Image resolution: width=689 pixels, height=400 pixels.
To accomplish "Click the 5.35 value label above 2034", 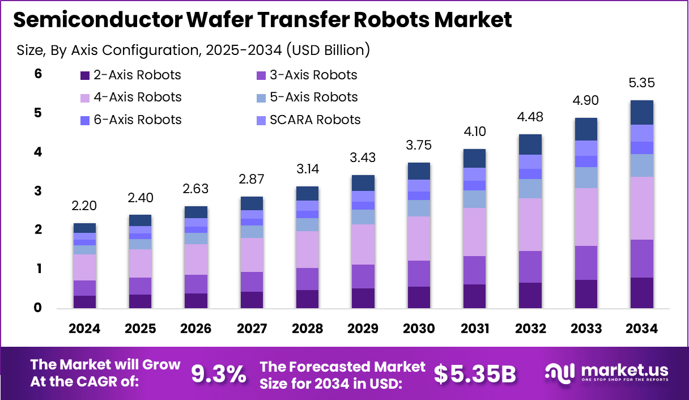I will click(641, 83).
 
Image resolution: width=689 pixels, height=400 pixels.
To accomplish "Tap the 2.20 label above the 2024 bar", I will click(84, 206).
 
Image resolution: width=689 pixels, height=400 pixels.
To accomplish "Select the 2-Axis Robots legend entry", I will click(130, 75).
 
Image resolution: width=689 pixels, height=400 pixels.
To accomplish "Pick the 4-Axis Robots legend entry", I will click(130, 97).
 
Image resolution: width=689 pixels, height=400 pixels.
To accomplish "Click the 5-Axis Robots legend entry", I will click(307, 97).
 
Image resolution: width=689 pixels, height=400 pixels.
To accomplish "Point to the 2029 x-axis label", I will click(363, 329).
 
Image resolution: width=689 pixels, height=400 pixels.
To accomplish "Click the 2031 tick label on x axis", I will click(474, 329).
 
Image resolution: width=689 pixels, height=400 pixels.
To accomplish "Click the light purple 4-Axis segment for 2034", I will click(641, 208).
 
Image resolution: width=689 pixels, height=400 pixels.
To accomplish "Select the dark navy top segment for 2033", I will click(586, 129).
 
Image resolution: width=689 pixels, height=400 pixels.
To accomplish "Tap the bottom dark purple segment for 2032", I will click(530, 295).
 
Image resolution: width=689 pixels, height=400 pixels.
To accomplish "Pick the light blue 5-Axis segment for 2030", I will click(418, 208).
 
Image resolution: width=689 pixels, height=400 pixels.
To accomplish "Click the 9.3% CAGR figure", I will click(219, 374).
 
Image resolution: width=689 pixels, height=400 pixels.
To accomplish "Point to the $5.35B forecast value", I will click(475, 374).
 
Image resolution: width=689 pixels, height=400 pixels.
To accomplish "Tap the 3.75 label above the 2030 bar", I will click(418, 145).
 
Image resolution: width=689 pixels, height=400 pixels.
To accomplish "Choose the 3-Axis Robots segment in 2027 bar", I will click(252, 282).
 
